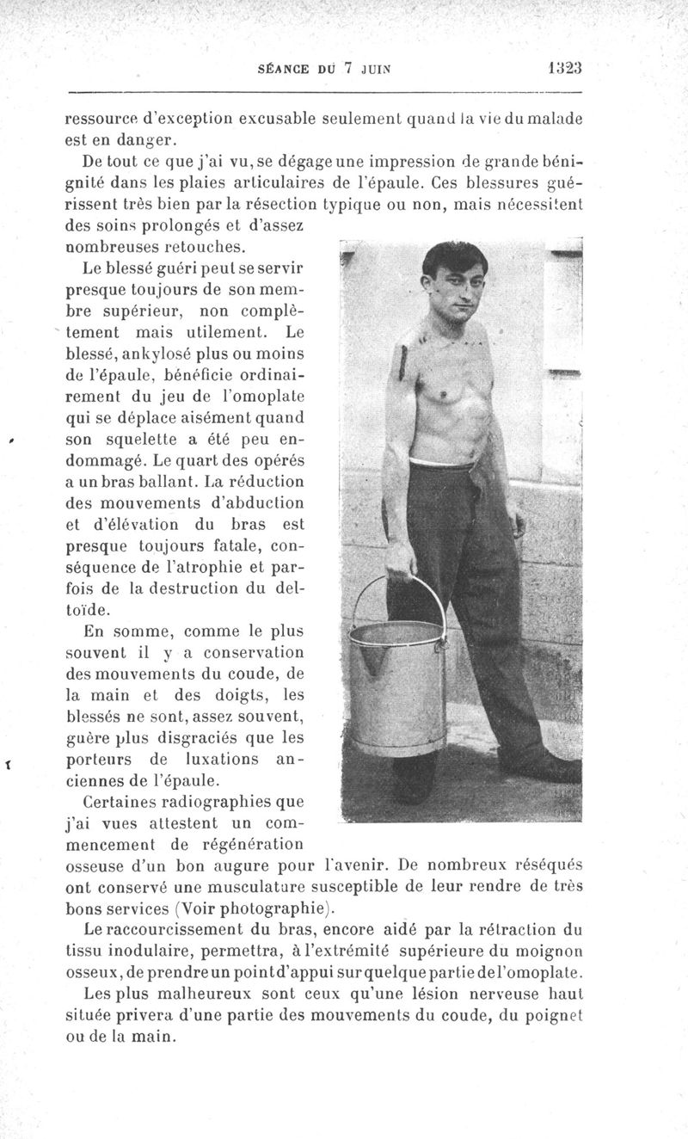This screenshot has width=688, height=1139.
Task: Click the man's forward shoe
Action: coord(538,765)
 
